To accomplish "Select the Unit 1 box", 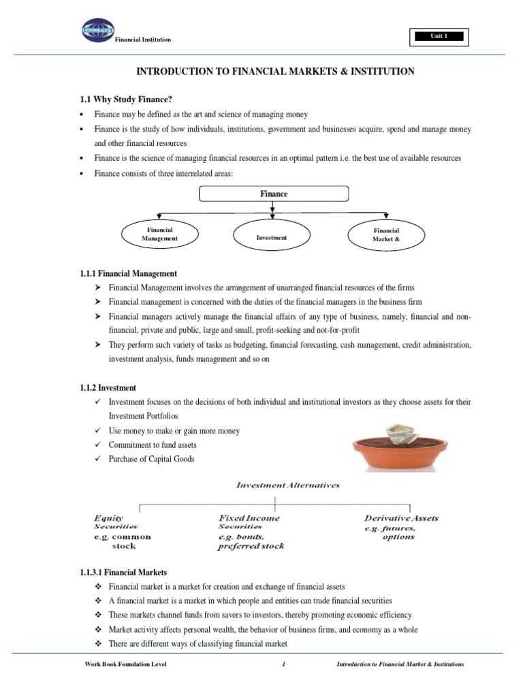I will [436, 37].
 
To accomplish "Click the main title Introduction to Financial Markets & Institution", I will [275, 72].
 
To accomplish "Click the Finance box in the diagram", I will [274, 194].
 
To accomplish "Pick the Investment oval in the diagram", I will [272, 237].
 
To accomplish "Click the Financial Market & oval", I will [385, 235].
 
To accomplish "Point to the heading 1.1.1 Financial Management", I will [129, 273].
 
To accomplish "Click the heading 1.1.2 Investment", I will [108, 388].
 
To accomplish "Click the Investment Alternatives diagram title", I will [278, 485].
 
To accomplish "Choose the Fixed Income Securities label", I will [249, 522].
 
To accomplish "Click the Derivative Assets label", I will [401, 518].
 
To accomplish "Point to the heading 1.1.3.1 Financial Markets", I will [123, 573].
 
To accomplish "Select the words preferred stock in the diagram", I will [251, 546].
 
